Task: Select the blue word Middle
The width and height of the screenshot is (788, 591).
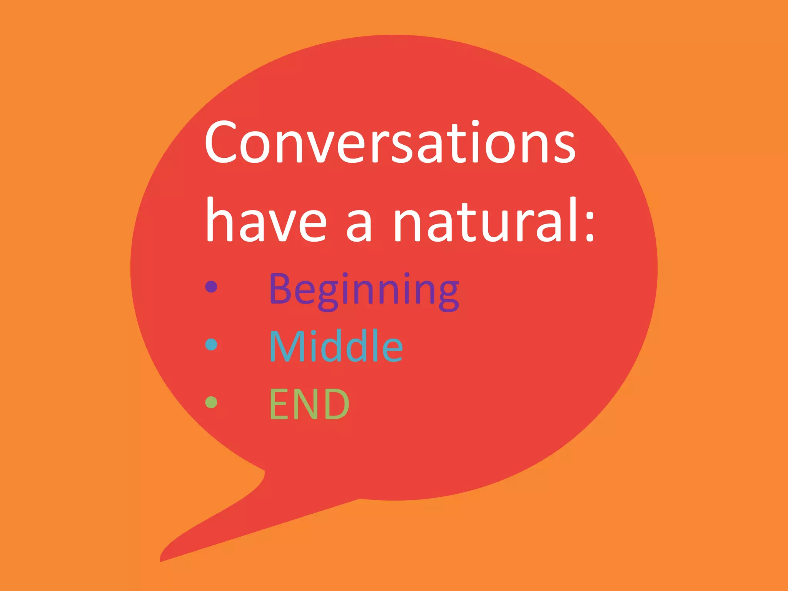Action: pyautogui.click(x=336, y=346)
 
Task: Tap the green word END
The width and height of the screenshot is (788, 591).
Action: pyautogui.click(x=309, y=404)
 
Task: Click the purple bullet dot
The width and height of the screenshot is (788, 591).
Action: pyautogui.click(x=211, y=286)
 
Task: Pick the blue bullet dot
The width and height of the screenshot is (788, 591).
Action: pyautogui.click(x=211, y=344)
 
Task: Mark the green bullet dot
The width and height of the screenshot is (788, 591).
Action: pyautogui.click(x=211, y=402)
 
